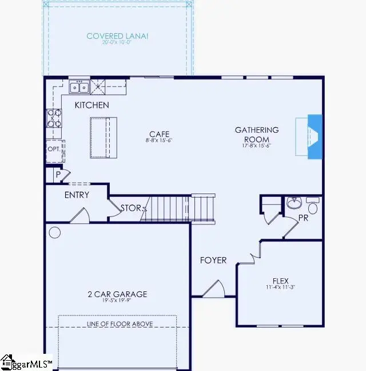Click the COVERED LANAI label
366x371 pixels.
117,36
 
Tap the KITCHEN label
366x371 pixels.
91,105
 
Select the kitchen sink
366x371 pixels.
79,87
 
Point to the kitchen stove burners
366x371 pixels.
54,119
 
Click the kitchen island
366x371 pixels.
104,137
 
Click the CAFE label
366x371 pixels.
159,134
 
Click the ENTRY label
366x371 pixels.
77,195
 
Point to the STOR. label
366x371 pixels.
131,208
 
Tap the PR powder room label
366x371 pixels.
304,218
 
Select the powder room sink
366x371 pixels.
295,203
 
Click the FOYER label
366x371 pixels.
213,260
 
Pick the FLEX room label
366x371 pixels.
280,281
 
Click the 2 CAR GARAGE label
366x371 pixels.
117,294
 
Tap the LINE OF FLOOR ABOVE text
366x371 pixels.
120,325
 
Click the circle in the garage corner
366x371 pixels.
55,232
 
